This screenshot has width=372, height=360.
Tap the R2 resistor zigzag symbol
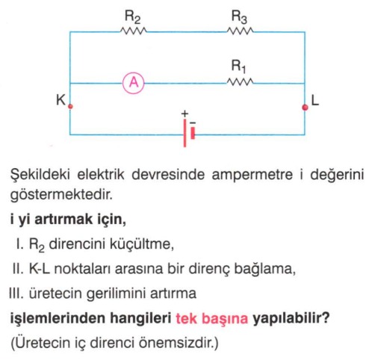(133, 31)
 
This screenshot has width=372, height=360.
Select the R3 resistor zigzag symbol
(241, 31)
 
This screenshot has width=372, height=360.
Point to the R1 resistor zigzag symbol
(241, 81)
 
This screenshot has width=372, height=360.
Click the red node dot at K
(70, 107)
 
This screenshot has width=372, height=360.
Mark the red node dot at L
(305, 108)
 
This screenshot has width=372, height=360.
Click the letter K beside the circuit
(61, 100)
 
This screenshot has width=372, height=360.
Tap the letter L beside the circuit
(315, 101)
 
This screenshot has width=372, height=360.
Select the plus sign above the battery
(185, 114)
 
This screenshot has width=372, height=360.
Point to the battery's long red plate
(185, 133)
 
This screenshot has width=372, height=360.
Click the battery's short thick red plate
(193, 133)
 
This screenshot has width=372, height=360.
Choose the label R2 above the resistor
(132, 17)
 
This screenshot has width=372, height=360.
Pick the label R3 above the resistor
(239, 17)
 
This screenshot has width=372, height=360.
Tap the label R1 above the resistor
(238, 67)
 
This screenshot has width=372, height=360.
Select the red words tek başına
(212, 318)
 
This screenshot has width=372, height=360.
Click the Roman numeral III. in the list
(16, 294)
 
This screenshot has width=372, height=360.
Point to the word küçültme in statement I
(141, 244)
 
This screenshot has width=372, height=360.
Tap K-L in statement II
(40, 269)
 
